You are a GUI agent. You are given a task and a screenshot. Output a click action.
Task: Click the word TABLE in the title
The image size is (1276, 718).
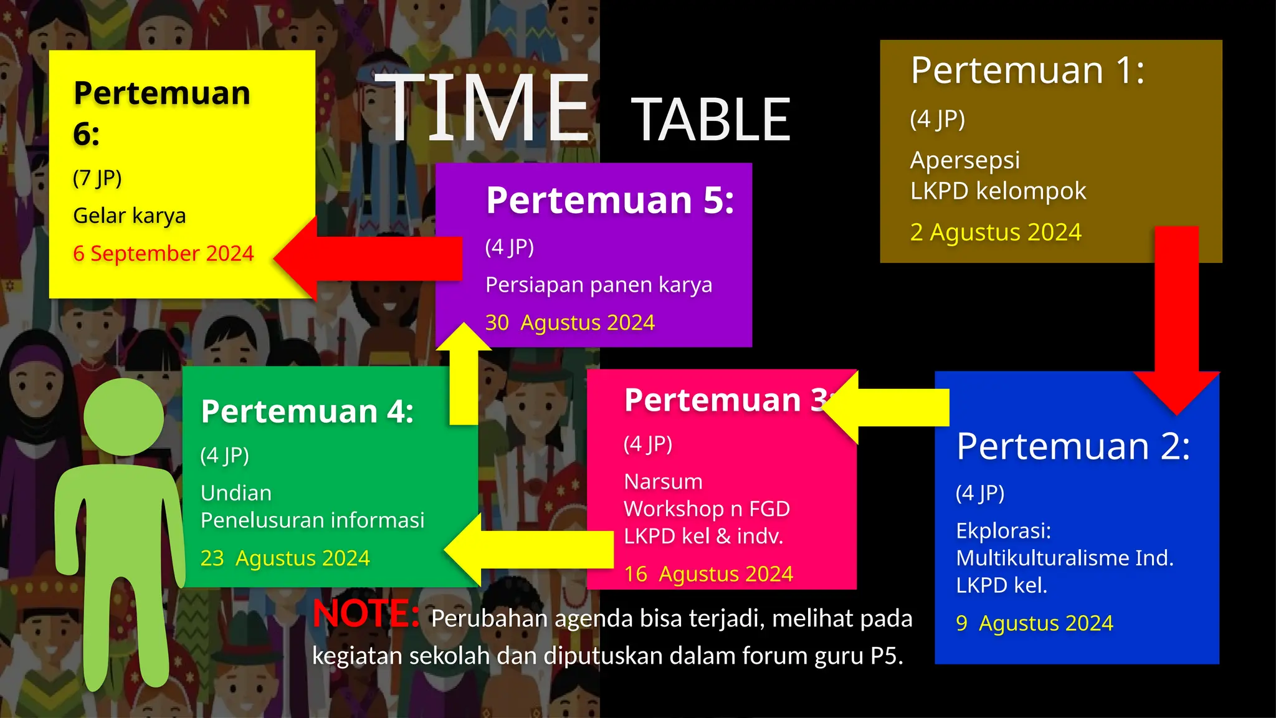(711, 120)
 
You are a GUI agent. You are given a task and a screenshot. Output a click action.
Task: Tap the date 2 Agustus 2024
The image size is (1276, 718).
(996, 232)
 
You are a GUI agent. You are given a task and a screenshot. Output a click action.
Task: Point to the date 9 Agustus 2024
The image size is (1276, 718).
(1034, 623)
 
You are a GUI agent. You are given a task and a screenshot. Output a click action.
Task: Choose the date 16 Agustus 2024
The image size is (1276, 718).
(708, 573)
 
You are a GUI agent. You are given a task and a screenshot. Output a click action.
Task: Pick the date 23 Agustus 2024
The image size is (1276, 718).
(285, 558)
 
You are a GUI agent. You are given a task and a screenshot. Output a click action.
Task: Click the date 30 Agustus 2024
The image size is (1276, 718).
(569, 322)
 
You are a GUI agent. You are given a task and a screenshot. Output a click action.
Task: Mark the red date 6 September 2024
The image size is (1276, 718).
(163, 253)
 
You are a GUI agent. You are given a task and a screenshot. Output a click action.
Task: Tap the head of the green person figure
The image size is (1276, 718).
(124, 417)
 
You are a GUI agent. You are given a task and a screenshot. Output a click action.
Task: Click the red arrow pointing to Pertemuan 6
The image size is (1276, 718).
(368, 258)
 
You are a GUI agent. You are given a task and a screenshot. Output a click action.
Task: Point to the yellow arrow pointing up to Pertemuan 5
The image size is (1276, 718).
(464, 374)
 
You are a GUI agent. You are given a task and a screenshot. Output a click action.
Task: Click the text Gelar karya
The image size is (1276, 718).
(130, 216)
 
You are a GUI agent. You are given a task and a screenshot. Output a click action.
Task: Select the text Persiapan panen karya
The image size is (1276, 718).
(598, 285)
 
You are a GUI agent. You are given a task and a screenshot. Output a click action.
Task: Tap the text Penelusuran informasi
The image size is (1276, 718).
(312, 520)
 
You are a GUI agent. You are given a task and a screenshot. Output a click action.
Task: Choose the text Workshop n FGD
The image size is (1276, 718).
(707, 509)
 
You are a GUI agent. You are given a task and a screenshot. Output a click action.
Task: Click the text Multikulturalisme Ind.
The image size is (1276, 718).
(1064, 558)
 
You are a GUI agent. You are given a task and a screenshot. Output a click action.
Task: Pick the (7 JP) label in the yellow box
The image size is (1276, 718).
(97, 178)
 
